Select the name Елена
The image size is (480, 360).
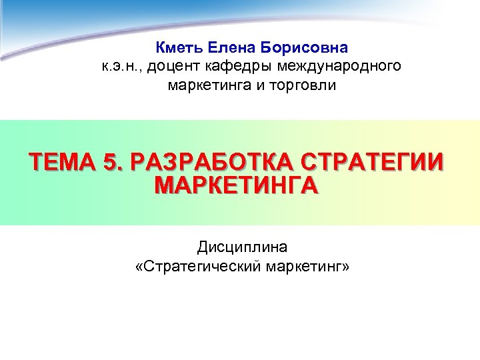[x=231, y=48]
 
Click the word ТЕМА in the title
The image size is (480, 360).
[x=63, y=163]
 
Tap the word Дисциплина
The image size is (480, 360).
[x=242, y=248]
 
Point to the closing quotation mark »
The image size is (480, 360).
[x=345, y=267]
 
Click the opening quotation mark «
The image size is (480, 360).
[x=139, y=267]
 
